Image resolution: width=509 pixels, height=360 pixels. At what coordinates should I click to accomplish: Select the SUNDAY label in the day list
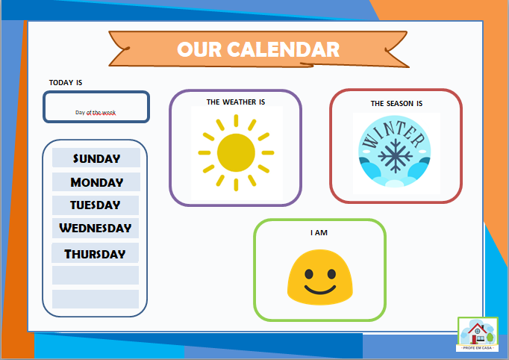96,158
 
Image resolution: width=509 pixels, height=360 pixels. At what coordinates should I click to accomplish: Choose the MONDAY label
96,182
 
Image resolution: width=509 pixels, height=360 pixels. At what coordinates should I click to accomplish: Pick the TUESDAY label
96,205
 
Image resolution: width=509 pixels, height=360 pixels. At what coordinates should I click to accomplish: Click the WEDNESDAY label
96,228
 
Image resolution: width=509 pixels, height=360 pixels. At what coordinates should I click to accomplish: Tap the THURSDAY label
96,254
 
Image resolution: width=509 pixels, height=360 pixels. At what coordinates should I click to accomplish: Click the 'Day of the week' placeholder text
96,113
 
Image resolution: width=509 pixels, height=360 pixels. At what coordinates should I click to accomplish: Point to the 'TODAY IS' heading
66,82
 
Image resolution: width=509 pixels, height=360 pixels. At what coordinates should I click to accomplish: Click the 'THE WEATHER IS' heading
236,102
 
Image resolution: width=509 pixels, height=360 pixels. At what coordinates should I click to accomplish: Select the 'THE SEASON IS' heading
396,103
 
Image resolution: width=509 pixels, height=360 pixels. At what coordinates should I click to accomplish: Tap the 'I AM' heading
319,233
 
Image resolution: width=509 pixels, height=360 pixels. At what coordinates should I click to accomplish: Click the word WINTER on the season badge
393,134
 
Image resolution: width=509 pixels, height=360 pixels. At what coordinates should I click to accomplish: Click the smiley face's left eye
308,272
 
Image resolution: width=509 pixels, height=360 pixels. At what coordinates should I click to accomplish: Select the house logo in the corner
478,332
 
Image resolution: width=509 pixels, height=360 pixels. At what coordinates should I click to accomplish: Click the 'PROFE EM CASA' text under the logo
478,348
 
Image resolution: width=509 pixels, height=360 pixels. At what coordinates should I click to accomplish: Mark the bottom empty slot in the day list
96,299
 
